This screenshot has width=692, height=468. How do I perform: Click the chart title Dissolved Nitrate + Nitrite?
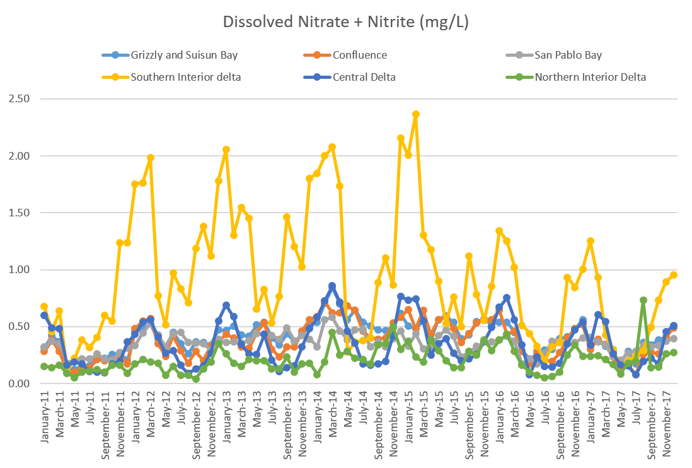click(x=345, y=22)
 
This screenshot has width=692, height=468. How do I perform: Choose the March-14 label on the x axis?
click(x=332, y=417)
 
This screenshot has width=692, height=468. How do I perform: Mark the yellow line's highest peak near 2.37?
click(x=416, y=114)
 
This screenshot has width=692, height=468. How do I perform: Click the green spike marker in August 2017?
click(x=643, y=301)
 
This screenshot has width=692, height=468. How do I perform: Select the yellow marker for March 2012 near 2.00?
click(x=150, y=158)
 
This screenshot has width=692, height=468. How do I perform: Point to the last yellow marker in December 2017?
click(x=674, y=275)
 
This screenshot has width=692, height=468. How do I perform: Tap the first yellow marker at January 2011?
click(x=44, y=307)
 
